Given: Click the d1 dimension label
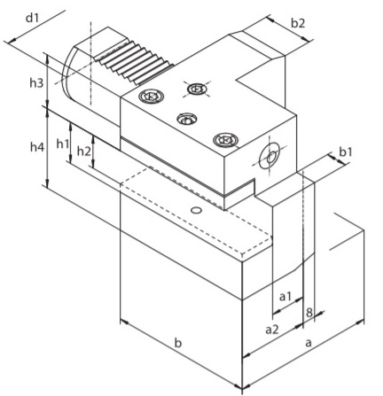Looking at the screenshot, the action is coord(32,19).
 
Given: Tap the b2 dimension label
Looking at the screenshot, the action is coord(298,23).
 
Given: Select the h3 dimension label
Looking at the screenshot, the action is coord(36,83).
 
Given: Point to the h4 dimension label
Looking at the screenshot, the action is coord(37,147).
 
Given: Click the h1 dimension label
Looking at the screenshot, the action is coord(63,144).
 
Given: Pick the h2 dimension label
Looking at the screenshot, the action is coord(83,151).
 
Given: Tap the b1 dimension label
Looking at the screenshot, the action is coord(346,152).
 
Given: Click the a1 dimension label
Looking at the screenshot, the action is coord(285,297).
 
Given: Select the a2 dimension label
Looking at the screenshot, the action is coord(272,330).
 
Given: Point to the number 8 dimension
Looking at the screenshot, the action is coord(309,313).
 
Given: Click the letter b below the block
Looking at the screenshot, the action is coord(177,343).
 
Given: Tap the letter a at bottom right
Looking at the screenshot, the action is coord(309,343).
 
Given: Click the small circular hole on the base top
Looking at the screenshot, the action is coord(196,210).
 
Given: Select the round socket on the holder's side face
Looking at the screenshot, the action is coord(269,156).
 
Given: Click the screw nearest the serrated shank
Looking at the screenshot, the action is coord(151,96).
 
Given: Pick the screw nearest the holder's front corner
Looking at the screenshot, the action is coord(225,140).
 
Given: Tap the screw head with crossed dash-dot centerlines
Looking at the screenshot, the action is coord(197,89).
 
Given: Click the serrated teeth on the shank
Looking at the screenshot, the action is coord(134,63).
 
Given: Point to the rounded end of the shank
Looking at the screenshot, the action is coord(68,73).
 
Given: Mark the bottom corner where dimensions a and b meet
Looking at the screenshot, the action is coord(242,388).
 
